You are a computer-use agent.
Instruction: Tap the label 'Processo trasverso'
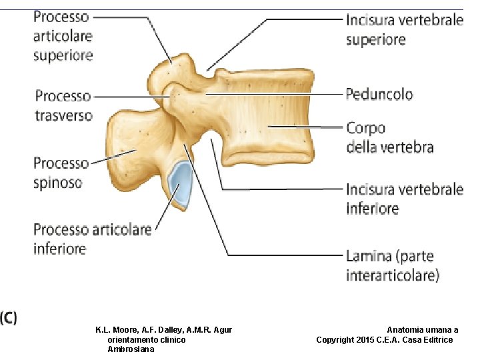pos(63,106)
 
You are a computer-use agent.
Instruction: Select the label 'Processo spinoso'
pos(61,172)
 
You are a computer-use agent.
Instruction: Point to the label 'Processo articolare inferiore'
pos(93,239)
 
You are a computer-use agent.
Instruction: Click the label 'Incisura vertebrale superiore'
pos(404,29)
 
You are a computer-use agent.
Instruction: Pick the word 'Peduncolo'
pos(379,94)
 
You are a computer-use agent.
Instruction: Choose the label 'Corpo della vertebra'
pos(389,137)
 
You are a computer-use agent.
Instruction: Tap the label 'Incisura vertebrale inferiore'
pos(404,199)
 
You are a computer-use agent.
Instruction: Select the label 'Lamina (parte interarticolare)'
pos(392,265)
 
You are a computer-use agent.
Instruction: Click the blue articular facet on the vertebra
pos(181,184)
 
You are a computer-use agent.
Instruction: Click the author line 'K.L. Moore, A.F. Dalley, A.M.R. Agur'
pos(163,330)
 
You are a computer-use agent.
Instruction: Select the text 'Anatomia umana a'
pos(423,330)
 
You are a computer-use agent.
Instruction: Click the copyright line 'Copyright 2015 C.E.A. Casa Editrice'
pos(385,340)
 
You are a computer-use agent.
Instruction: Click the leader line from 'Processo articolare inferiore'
pos(164,213)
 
